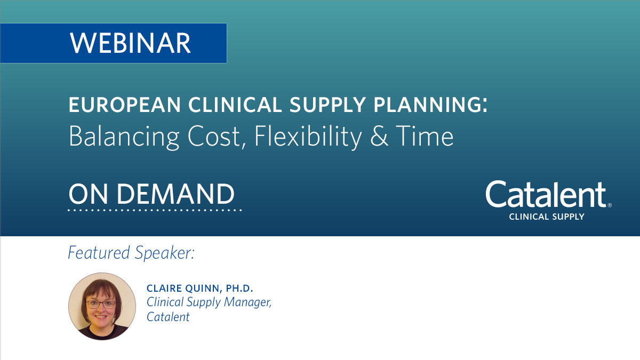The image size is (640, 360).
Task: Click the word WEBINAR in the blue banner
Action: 130,43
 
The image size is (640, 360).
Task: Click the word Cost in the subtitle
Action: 209,137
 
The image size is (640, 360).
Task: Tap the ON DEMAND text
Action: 151,194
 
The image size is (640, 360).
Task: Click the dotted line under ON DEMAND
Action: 155,210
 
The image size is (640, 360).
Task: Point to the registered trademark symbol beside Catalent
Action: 610,205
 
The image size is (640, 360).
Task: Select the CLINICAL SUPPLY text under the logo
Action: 547,217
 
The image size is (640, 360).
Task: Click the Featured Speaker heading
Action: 131,253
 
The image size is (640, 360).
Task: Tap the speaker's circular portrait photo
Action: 102,306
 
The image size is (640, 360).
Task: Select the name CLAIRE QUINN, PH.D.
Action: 200,289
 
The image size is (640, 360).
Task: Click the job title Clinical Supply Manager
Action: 209,302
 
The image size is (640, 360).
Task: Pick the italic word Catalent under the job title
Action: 168,317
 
